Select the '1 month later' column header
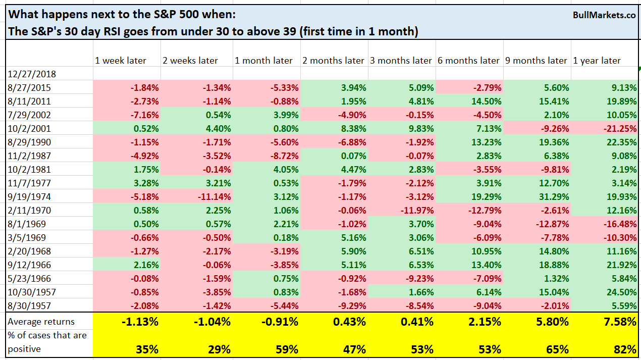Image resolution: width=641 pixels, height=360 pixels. tap(263, 61)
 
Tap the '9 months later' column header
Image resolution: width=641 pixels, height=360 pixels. tap(536, 61)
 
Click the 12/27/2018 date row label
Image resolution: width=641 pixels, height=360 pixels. tap(32, 74)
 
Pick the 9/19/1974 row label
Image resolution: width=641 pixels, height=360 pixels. tap(30, 197)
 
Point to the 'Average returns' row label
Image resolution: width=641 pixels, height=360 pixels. tap(41, 322)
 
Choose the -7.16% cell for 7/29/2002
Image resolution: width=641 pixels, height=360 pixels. tap(145, 115)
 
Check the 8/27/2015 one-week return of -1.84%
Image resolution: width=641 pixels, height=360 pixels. tap(145, 88)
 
